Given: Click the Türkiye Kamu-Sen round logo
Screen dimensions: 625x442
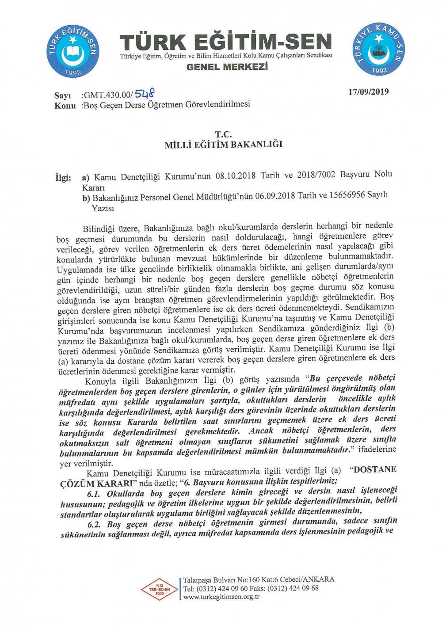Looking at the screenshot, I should point(379,49).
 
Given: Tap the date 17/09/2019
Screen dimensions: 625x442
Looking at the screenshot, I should point(369,92).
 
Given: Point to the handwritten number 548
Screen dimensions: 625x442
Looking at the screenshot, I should point(145,93).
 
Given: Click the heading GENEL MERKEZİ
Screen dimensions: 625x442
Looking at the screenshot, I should point(227,67).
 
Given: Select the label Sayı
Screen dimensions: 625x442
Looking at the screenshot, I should point(63,96).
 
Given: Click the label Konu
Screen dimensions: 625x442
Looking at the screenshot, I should point(65,106).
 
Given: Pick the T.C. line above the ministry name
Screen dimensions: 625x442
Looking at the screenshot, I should point(223,134).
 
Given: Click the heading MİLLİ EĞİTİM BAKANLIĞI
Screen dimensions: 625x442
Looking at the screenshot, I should point(223,145).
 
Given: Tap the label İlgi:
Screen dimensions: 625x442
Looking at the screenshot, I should point(63,178).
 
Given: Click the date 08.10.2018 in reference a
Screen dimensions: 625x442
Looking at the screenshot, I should point(235,176).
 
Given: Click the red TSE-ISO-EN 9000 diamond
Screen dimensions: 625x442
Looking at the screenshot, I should point(159,590).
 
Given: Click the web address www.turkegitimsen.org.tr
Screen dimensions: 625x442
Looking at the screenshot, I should point(221,597).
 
